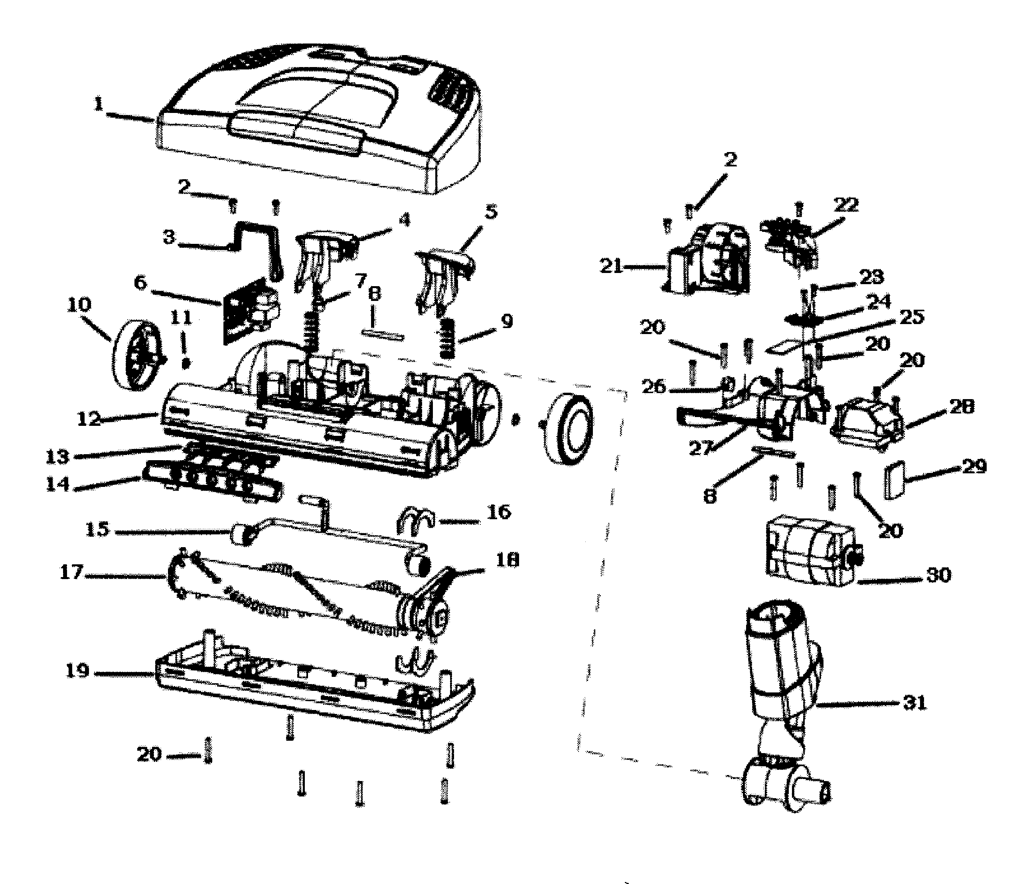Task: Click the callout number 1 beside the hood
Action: point(99,104)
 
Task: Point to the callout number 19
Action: point(77,671)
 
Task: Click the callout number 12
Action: point(89,419)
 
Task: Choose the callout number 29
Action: point(974,466)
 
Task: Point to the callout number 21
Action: point(612,266)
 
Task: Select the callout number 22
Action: point(846,205)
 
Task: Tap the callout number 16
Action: point(499,512)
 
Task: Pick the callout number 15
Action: point(97,529)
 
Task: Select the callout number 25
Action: point(911,317)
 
